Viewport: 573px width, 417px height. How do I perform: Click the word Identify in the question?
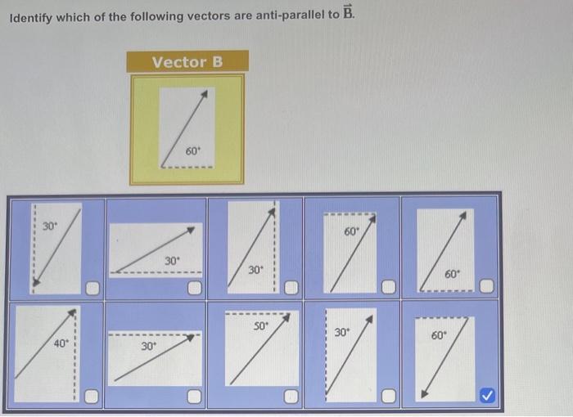pyautogui.click(x=31, y=19)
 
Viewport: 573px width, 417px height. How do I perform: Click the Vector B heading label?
pyautogui.click(x=187, y=62)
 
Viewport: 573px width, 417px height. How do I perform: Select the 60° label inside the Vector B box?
pyautogui.click(x=193, y=151)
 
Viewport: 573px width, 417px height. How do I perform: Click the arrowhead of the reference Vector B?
pyautogui.click(x=203, y=95)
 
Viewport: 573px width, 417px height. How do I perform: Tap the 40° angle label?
pyautogui.click(x=61, y=344)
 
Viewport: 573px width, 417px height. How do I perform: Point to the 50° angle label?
pyautogui.click(x=260, y=325)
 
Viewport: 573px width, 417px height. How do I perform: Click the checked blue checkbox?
pyautogui.click(x=487, y=396)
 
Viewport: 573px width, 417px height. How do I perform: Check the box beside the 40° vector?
pyautogui.click(x=93, y=397)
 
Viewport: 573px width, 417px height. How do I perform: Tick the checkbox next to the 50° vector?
pyautogui.click(x=290, y=397)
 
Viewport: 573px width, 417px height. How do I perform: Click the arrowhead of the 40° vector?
pyautogui.click(x=74, y=312)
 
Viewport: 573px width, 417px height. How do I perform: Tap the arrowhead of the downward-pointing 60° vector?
pyautogui.click(x=424, y=394)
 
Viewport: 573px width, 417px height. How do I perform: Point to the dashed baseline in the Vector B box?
pyautogui.click(x=188, y=168)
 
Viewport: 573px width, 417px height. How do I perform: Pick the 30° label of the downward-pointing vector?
pyautogui.click(x=49, y=226)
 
